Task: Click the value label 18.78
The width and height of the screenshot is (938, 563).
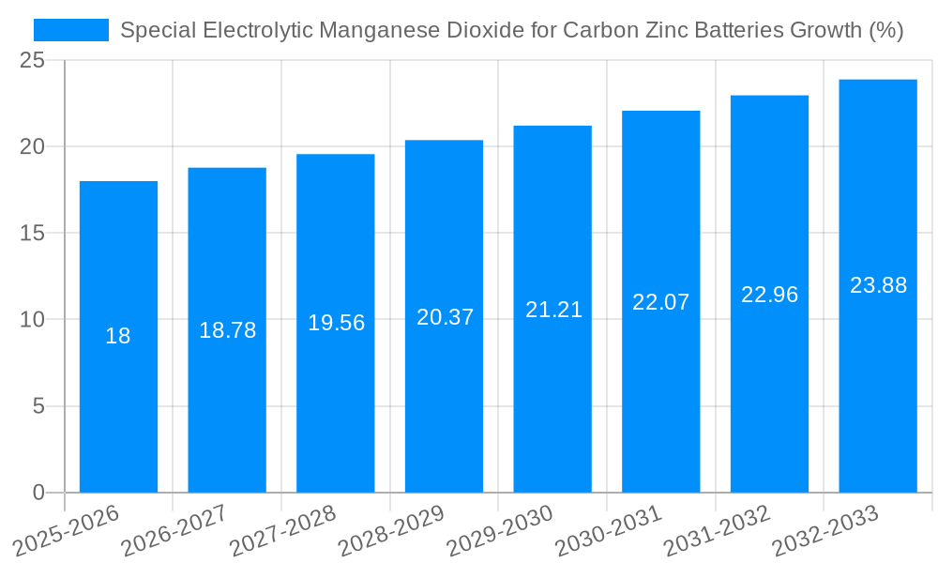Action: click(227, 330)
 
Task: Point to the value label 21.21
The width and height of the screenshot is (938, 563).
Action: click(553, 310)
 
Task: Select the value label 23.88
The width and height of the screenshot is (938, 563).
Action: click(878, 285)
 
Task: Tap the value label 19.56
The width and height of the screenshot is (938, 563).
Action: click(336, 323)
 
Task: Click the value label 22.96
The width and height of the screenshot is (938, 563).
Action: click(769, 295)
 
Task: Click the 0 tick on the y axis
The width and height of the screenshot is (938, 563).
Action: click(38, 493)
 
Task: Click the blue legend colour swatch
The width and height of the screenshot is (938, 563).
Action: click(71, 30)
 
